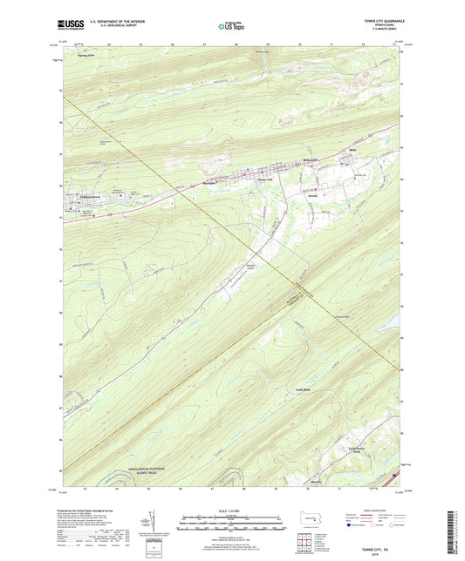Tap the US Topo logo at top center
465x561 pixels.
pyautogui.click(x=231, y=26)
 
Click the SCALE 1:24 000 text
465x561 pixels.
pyautogui.click(x=231, y=513)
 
